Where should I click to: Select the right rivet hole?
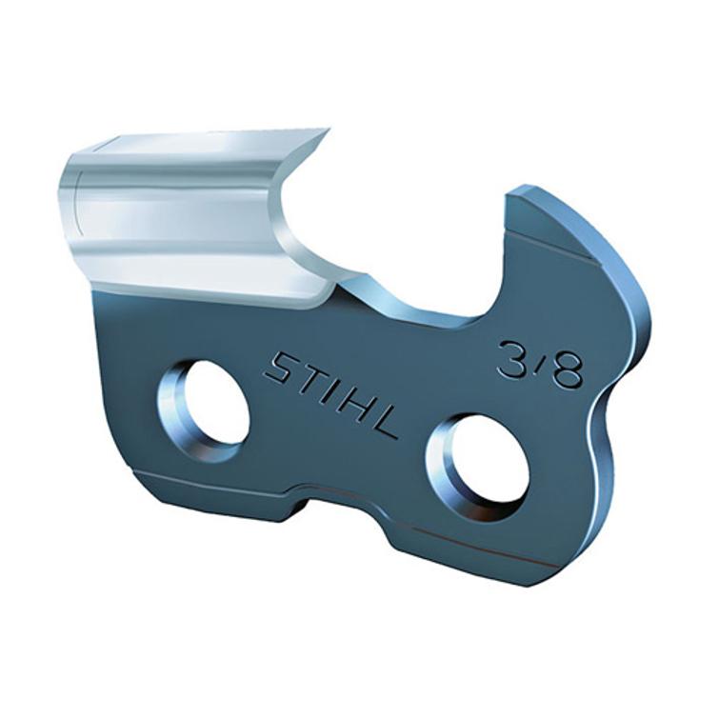(481, 463)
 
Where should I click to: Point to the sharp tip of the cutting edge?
(327, 130)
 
